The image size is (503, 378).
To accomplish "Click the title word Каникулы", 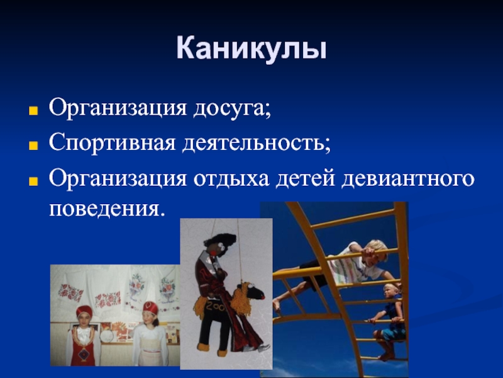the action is coord(251,49).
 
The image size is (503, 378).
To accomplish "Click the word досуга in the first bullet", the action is coord(232,108).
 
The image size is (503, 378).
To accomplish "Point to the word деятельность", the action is coord(257,143).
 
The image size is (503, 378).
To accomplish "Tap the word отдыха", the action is coord(231,179).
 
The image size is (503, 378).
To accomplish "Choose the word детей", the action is coord(306,178).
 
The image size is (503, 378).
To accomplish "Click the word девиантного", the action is coord(407,179).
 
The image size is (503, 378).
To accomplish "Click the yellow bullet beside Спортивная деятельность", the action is coord(33,146).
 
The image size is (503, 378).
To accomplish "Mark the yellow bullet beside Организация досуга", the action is coord(33,111).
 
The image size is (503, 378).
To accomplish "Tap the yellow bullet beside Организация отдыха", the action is coord(33,181).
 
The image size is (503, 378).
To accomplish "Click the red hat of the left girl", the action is coord(84,311).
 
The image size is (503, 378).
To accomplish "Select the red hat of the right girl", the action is coord(150,307).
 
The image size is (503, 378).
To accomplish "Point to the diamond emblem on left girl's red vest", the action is coord(85,353).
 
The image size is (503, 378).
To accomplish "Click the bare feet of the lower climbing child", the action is coord(386,356).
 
